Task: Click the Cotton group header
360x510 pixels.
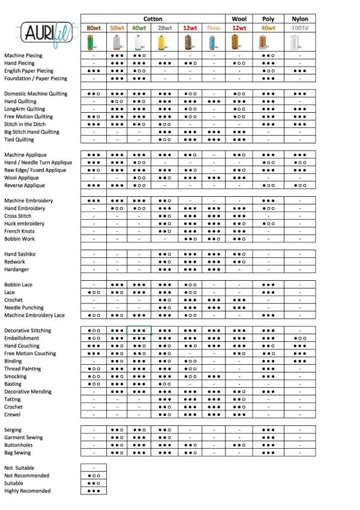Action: tap(152, 19)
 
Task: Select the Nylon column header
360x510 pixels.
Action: tap(299, 19)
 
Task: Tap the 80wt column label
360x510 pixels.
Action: tap(93, 28)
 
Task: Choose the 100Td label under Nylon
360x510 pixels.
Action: tap(299, 28)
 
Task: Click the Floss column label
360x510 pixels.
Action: tap(214, 28)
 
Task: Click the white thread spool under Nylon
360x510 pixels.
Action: tap(298, 41)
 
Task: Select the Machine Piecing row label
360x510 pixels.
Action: tap(23, 55)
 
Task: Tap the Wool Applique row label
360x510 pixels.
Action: tap(22, 178)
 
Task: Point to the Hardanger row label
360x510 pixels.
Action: tap(17, 269)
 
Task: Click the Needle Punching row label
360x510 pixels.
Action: tap(24, 308)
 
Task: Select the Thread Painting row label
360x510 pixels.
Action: tap(23, 369)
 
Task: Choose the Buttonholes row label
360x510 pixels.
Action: tap(19, 445)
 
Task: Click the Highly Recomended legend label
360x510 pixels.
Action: tap(28, 491)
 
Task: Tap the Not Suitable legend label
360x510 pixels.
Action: tap(19, 468)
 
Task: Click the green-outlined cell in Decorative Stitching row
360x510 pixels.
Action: tap(139, 331)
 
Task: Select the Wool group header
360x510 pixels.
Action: tap(239, 19)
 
